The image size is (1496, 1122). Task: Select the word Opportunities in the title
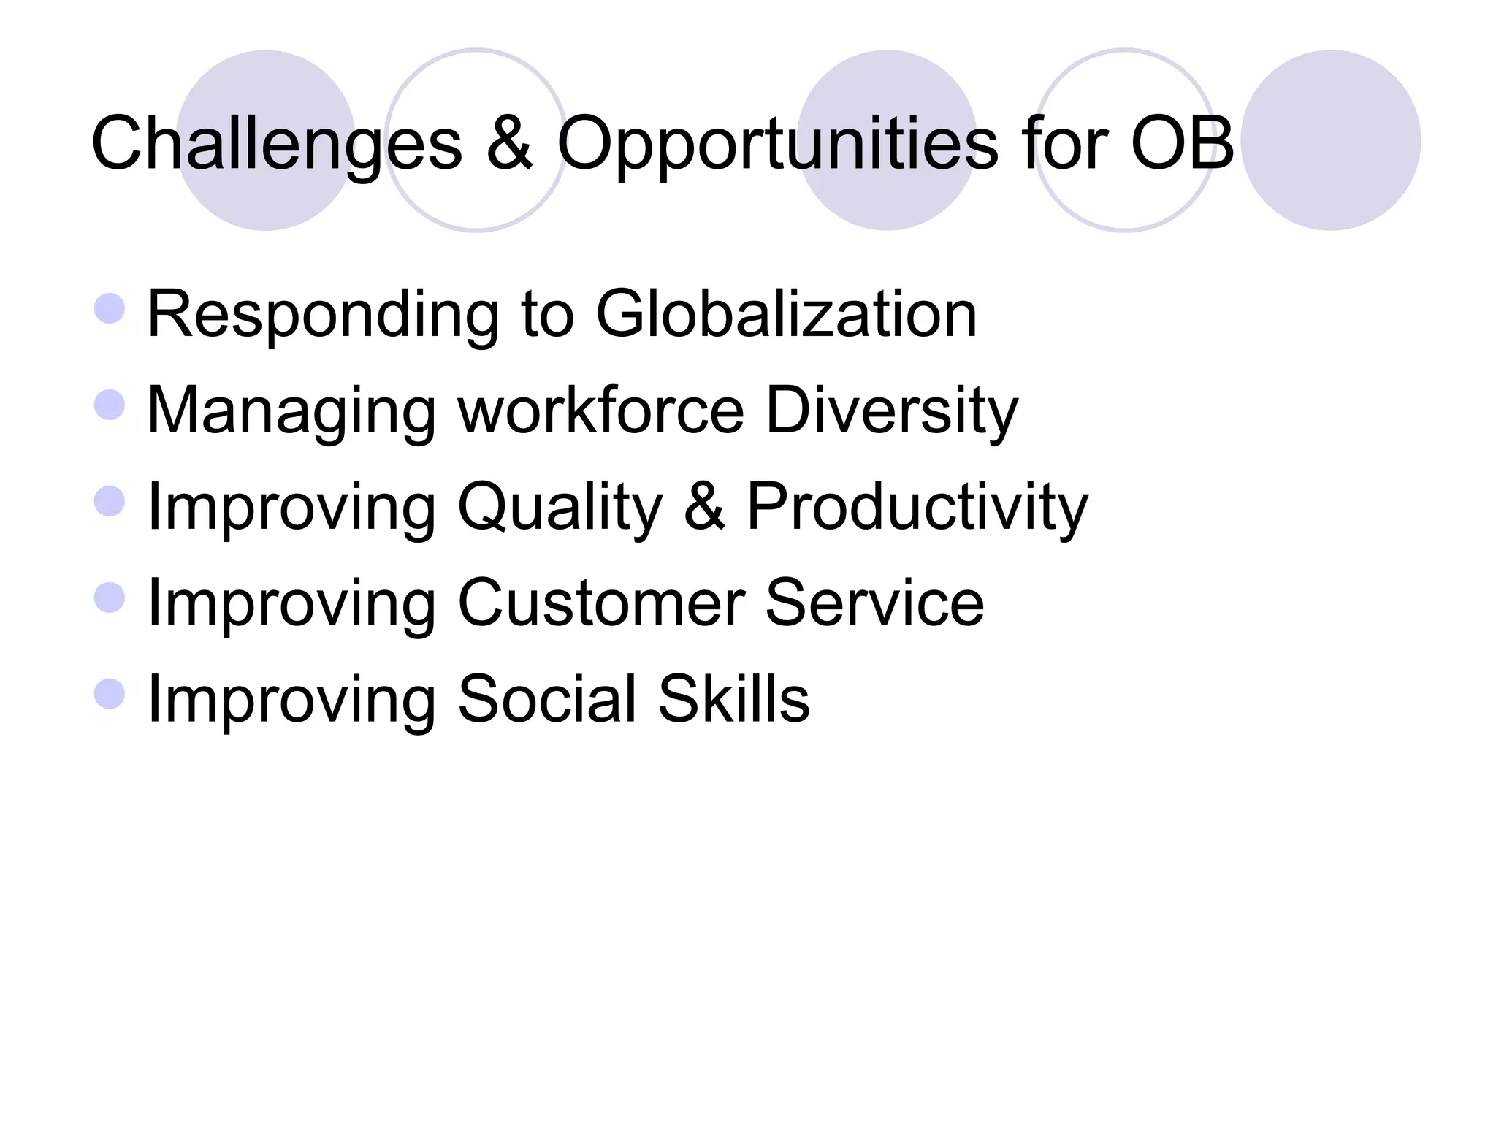click(x=777, y=145)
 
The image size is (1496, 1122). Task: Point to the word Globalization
click(x=786, y=314)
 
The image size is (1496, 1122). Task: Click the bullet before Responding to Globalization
click(x=110, y=308)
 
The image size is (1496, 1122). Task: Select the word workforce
click(x=600, y=411)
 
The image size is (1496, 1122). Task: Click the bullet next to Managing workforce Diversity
click(x=110, y=405)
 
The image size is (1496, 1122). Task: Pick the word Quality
click(x=560, y=508)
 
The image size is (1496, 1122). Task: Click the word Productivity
click(x=917, y=508)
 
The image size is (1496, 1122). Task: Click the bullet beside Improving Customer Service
click(x=110, y=598)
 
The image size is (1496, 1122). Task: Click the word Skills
click(x=733, y=699)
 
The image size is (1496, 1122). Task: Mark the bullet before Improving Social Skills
click(x=110, y=694)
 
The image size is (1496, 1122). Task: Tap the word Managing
click(x=291, y=412)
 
